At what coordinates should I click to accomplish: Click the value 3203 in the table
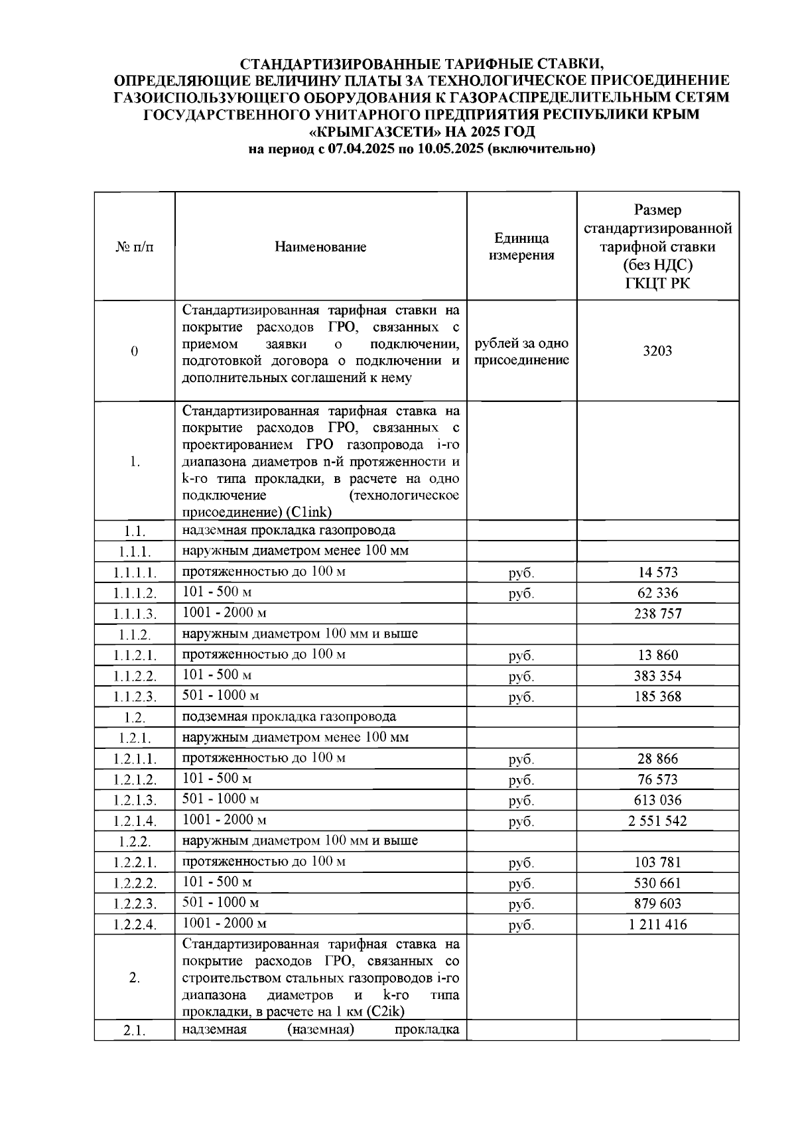(x=657, y=350)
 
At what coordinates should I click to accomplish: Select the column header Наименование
(x=320, y=247)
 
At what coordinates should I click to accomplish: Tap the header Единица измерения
(x=521, y=247)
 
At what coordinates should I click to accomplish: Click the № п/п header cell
(x=135, y=247)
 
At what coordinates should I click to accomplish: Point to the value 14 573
(x=657, y=572)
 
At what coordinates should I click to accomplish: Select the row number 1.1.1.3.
(x=135, y=614)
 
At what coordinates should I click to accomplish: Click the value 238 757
(x=657, y=614)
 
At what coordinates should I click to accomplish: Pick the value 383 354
(x=657, y=676)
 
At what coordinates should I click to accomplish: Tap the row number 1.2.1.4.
(x=135, y=821)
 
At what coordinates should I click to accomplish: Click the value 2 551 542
(x=657, y=821)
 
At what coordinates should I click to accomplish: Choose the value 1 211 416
(x=657, y=924)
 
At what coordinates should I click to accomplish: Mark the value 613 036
(x=657, y=800)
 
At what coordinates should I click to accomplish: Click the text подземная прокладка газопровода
(x=289, y=716)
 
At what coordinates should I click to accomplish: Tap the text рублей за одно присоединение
(x=521, y=352)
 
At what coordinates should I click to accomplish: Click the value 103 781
(x=657, y=862)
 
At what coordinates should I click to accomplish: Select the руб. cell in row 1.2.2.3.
(x=521, y=904)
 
